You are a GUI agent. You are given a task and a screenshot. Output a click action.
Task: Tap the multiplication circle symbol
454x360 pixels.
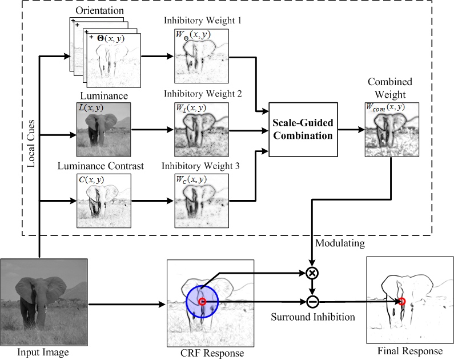pos(312,273)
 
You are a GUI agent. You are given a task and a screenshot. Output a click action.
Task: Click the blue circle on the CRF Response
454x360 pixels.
pos(202,301)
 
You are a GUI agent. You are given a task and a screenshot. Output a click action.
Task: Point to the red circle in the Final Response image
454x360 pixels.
pos(402,301)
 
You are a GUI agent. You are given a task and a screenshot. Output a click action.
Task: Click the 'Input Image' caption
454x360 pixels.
pos(43,352)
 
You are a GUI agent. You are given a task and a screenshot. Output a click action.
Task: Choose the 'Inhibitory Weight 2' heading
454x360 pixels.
pos(203,94)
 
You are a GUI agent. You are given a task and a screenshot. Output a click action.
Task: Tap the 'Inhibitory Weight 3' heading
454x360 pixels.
pos(203,166)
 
